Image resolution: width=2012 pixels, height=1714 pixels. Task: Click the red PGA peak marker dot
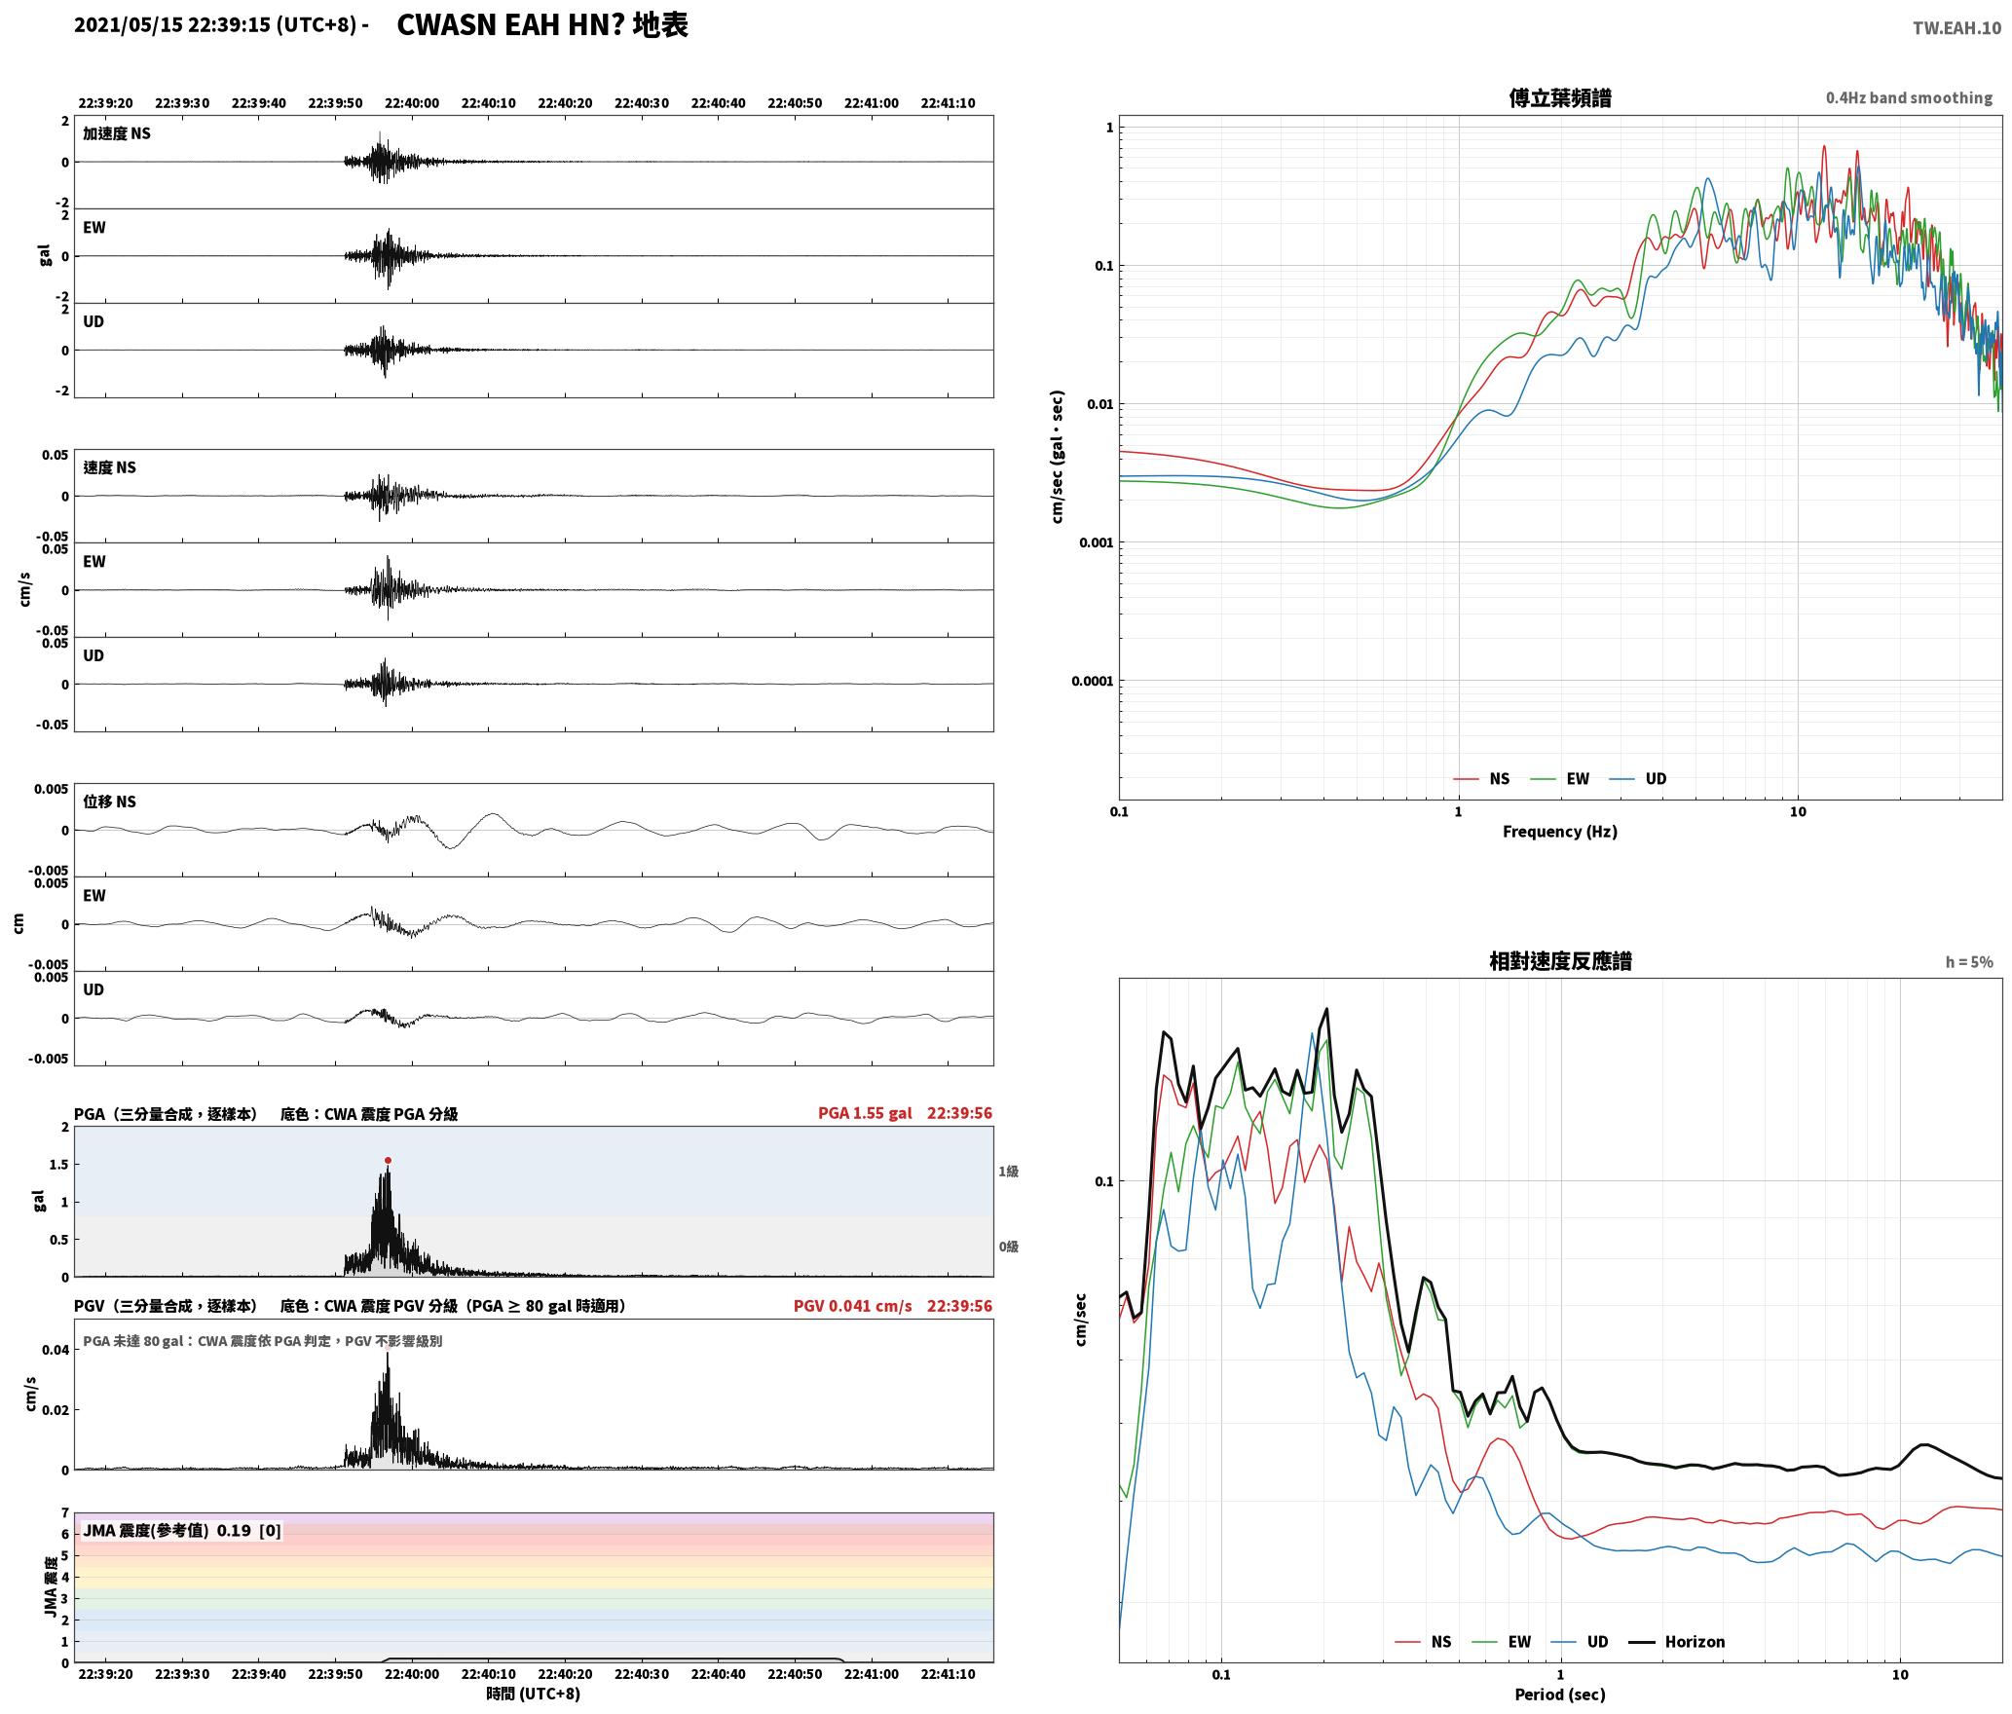388,1160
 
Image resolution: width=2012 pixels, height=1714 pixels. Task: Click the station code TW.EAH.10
1956,27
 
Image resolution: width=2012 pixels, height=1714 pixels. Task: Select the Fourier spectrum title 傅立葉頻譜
1559,97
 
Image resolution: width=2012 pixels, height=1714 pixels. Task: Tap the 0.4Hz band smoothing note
1909,97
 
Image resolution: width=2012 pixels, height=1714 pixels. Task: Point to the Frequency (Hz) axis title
1559,831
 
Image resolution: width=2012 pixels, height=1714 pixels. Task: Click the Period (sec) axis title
1559,1694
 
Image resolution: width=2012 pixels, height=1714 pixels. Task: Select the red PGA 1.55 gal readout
865,1112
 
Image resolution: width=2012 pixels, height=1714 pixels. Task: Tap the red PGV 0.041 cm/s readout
852,1305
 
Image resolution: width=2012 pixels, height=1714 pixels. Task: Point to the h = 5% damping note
1969,961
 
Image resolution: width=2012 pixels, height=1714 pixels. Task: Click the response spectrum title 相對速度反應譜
1560,960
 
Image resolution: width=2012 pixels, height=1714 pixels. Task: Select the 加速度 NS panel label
117,133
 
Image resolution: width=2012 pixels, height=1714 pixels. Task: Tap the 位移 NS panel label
109,801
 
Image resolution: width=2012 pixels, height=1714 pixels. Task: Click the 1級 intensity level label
1008,1171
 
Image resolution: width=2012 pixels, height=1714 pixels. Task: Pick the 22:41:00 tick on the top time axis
871,103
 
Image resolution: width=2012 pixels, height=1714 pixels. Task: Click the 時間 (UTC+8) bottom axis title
533,1694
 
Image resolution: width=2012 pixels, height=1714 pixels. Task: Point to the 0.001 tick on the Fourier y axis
1096,542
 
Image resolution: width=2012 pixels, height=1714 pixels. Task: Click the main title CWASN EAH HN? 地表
542,25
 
